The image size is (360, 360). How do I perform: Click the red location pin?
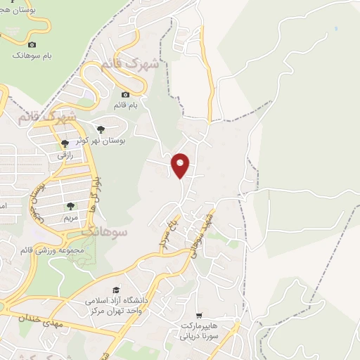[181, 165]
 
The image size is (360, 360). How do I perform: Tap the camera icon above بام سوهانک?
[32, 45]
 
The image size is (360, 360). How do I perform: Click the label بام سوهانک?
[31, 55]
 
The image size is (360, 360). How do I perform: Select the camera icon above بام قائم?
[125, 95]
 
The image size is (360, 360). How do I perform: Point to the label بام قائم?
[126, 105]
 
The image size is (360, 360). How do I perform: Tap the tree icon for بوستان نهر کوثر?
[101, 129]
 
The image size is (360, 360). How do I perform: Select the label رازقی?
[65, 153]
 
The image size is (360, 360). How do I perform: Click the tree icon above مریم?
[70, 207]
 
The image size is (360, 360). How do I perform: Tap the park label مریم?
[70, 217]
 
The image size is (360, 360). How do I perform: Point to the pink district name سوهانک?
[104, 230]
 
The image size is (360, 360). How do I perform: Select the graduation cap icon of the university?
[115, 290]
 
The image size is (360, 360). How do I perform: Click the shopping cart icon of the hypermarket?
[201, 316]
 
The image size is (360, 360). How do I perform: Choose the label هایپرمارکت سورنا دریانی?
[201, 331]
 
